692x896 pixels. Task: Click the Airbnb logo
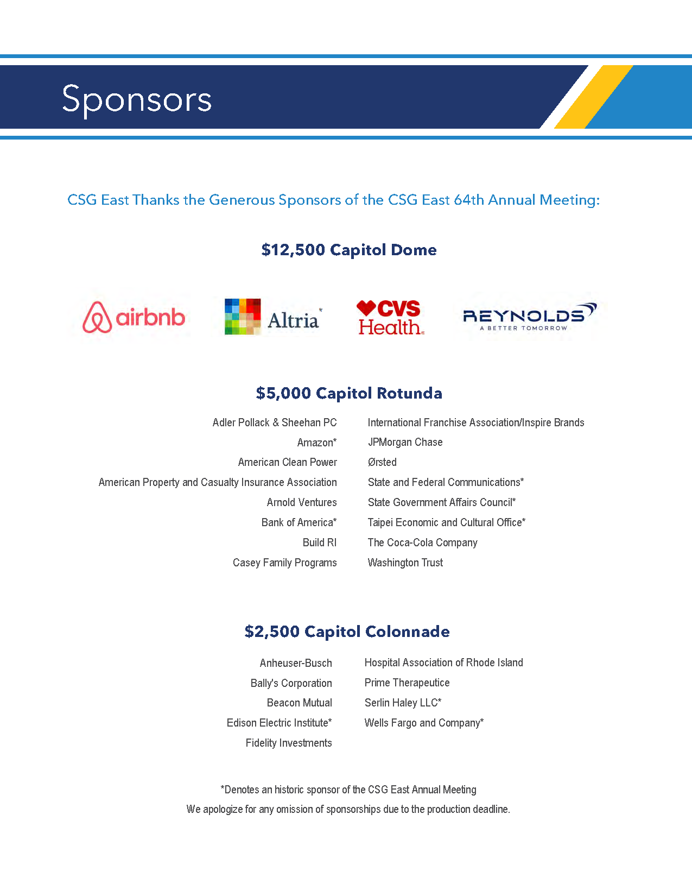[134, 317]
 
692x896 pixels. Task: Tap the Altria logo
[272, 317]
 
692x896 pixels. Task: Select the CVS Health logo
[390, 317]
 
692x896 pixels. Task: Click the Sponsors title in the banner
[137, 99]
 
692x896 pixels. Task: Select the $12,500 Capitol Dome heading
[348, 250]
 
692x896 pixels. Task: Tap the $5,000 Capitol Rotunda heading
[348, 393]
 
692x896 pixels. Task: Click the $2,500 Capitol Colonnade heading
[347, 632]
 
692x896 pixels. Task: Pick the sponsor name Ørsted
[382, 462]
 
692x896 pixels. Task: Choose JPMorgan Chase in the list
[405, 442]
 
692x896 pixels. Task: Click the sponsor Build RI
[319, 542]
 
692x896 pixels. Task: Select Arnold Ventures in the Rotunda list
[301, 502]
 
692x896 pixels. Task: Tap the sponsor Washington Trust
[405, 563]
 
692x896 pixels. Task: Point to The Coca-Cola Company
[422, 542]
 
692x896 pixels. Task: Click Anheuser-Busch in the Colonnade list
[295, 663]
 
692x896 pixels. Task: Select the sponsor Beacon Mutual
[299, 703]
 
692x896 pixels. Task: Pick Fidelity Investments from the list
[288, 743]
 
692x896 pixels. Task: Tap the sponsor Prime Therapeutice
[407, 683]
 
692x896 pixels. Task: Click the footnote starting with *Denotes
[348, 790]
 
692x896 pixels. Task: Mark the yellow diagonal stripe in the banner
[593, 97]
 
